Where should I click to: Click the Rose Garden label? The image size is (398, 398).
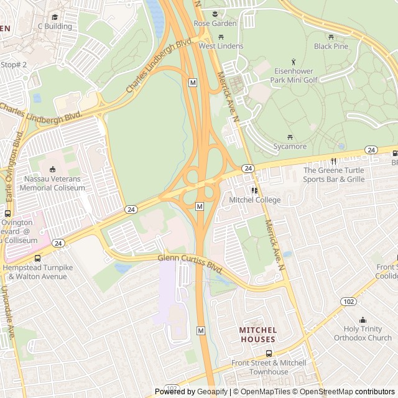point(215,24)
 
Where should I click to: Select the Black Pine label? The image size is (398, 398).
point(331,46)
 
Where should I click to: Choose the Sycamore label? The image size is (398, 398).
point(290,147)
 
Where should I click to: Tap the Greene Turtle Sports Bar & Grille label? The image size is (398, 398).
point(334,175)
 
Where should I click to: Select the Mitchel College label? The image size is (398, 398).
point(254,200)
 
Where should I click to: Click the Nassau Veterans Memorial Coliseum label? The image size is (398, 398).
point(52,183)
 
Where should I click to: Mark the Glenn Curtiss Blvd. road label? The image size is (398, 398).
point(190,262)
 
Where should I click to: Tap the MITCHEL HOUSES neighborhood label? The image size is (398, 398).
point(257,335)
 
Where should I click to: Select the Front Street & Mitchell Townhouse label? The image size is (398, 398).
point(268,367)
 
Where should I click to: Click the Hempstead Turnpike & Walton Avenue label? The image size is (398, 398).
point(38,271)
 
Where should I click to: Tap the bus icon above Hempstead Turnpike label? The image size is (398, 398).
point(38,257)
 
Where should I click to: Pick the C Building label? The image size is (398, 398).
point(55,27)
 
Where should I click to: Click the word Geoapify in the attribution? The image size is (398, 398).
point(213,392)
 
